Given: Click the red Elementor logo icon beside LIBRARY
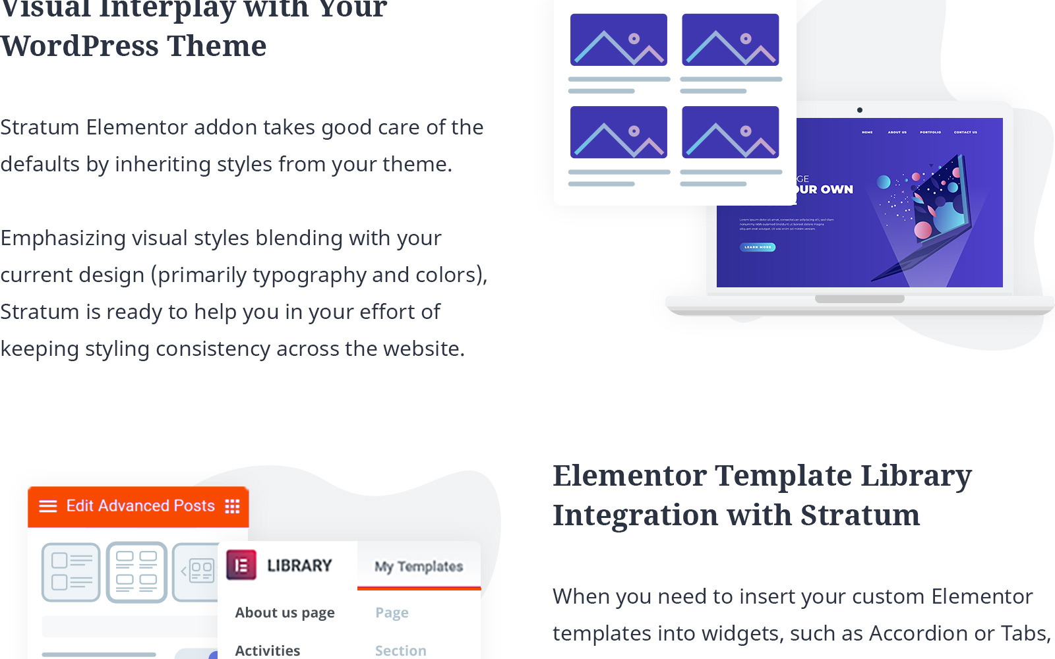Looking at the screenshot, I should click(x=241, y=565).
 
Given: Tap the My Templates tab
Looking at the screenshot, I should click(x=419, y=566).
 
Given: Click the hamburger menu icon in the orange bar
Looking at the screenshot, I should click(x=48, y=505).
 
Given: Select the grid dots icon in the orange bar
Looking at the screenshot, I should click(x=232, y=505).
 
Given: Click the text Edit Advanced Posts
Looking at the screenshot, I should click(x=140, y=505).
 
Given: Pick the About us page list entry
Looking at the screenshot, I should click(x=285, y=613).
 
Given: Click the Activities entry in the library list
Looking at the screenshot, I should click(x=268, y=650).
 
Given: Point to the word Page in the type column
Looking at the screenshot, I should click(x=392, y=613).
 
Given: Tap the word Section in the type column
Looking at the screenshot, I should click(x=400, y=650).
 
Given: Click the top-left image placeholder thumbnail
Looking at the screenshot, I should click(x=618, y=40).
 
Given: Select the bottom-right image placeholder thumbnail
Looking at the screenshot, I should click(x=730, y=132).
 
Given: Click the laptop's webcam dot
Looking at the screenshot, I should click(x=860, y=110).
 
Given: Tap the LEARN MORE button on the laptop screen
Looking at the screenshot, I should click(x=758, y=247).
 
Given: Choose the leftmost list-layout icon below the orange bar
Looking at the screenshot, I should click(x=71, y=572).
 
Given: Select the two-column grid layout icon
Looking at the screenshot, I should click(x=136, y=572).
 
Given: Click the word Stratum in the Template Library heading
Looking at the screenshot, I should click(x=860, y=515).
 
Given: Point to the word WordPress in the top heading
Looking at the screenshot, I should click(x=79, y=46).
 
